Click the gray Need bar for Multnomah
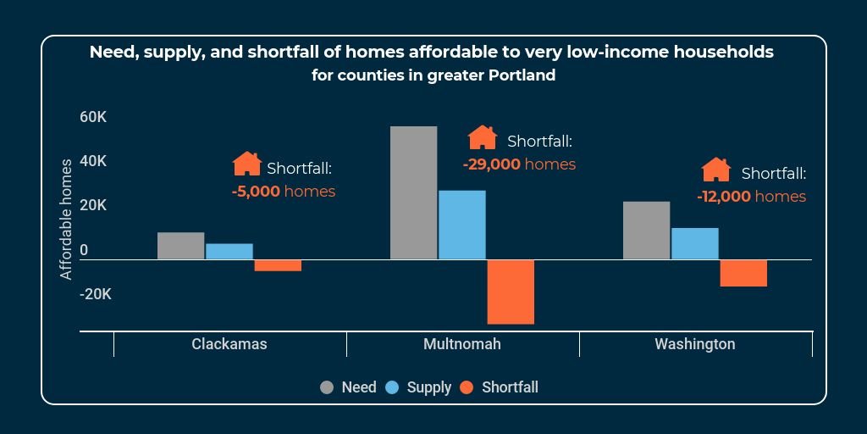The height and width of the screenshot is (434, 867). click(x=413, y=192)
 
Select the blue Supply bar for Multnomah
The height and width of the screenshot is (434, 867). click(x=461, y=225)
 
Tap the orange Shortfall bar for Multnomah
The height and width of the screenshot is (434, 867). click(x=511, y=292)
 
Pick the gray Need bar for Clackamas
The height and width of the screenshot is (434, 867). click(x=180, y=246)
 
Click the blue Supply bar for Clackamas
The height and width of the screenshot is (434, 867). click(x=229, y=251)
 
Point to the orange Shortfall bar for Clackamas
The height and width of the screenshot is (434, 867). click(x=278, y=265)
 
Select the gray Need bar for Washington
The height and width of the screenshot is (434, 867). click(x=646, y=230)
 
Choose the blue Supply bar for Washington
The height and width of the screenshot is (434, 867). click(x=694, y=243)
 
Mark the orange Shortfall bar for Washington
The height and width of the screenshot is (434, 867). click(x=743, y=273)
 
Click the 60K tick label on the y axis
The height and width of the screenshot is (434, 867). click(x=93, y=117)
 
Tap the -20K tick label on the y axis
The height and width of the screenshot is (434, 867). click(x=95, y=295)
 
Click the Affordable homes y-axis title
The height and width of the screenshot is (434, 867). click(x=66, y=218)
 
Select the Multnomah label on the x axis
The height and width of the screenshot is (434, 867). click(x=462, y=344)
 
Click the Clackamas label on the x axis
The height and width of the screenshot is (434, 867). click(x=229, y=344)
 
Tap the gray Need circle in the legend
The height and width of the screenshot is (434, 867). click(x=327, y=387)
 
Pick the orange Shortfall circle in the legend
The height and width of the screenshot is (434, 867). click(x=467, y=387)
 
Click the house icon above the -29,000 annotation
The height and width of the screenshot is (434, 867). click(x=483, y=137)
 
